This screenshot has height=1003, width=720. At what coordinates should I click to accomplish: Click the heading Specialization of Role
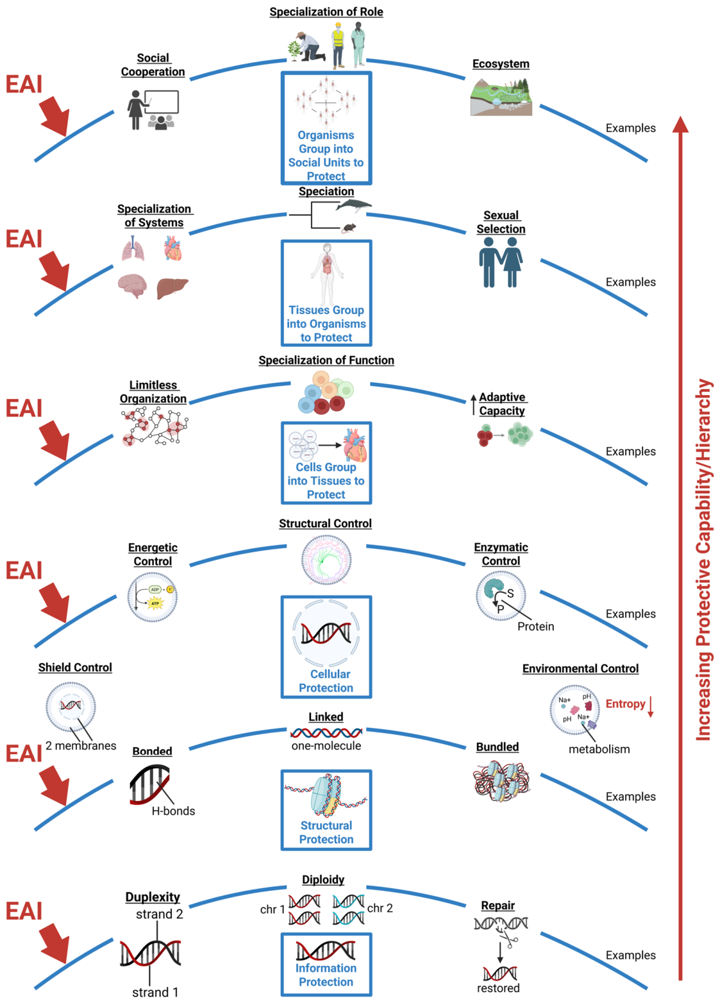[x=326, y=12]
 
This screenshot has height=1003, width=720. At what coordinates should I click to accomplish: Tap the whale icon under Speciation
[x=354, y=205]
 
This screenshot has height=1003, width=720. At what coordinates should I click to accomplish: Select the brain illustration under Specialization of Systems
[x=133, y=285]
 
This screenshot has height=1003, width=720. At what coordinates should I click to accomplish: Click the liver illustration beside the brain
[x=172, y=288]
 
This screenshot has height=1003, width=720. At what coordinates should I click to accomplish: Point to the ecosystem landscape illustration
[x=501, y=97]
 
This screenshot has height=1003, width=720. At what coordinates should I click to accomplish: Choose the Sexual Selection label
[x=501, y=222]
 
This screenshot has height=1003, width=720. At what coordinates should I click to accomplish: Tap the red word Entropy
[x=625, y=704]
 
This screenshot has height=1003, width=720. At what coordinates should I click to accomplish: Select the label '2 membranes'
[x=81, y=746]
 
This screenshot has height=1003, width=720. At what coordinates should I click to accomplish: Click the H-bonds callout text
[x=173, y=811]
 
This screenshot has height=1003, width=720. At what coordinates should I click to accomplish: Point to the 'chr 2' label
[x=380, y=907]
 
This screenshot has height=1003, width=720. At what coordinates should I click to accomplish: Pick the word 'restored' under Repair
[x=498, y=988]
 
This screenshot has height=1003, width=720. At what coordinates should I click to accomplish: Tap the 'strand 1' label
[x=155, y=992]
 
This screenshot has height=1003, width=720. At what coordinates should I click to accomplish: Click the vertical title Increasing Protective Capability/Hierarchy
[x=703, y=560]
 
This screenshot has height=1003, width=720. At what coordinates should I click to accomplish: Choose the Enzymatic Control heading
[x=501, y=554]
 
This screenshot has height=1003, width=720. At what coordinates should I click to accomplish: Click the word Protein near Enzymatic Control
[x=535, y=627]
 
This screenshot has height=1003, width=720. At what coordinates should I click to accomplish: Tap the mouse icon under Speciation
[x=349, y=228]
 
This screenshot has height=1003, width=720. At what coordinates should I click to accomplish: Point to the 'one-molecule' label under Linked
[x=326, y=746]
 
